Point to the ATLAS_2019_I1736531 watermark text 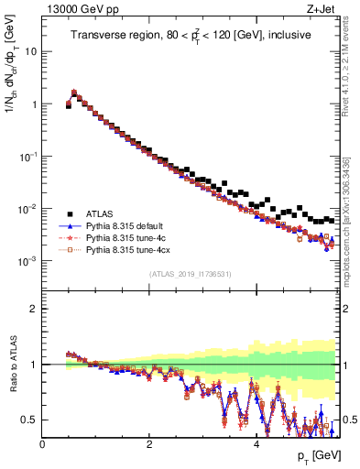coord(189,274)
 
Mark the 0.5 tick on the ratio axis coord(30,420)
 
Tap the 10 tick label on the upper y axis coord(30,51)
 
